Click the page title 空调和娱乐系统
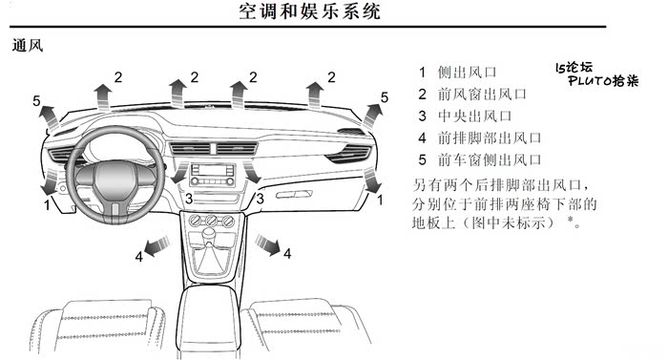click(309, 11)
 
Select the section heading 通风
click(28, 45)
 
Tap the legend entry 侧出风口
click(468, 72)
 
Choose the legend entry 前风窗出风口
click(482, 94)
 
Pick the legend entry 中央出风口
click(475, 116)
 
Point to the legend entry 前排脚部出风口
click(490, 138)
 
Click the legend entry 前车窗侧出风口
click(490, 160)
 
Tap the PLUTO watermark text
click(603, 80)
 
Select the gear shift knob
click(209, 233)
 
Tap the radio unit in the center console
click(212, 175)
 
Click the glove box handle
click(293, 195)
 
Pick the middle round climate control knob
click(212, 221)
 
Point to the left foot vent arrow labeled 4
click(157, 245)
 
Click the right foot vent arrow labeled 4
click(268, 244)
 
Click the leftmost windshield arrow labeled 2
click(103, 96)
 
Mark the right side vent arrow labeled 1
click(372, 180)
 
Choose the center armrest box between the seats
click(207, 320)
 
